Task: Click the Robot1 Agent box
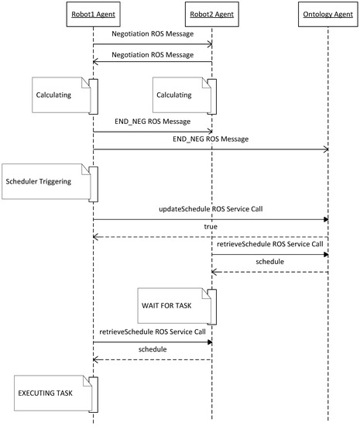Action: point(94,14)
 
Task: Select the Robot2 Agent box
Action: point(212,14)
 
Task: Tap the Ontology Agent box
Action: point(328,14)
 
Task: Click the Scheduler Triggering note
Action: point(46,181)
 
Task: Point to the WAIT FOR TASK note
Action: point(174,306)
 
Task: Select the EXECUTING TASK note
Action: point(53,393)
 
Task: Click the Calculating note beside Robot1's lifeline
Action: point(61,95)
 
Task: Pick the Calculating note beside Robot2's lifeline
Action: point(182,95)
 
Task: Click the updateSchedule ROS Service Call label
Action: point(211,209)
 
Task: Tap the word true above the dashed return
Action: point(211,227)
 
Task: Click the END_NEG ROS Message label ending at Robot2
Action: point(153,122)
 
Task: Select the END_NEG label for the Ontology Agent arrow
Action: point(211,139)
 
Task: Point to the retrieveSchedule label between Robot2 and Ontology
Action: point(270,244)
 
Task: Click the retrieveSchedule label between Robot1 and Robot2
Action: point(153,332)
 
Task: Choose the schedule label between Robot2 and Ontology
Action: point(270,262)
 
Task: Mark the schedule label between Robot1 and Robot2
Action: point(153,349)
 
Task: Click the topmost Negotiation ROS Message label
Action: point(153,34)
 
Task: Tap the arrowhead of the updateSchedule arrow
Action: point(326,219)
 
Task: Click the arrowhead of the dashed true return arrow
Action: point(95,237)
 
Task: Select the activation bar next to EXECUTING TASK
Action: point(94,395)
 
